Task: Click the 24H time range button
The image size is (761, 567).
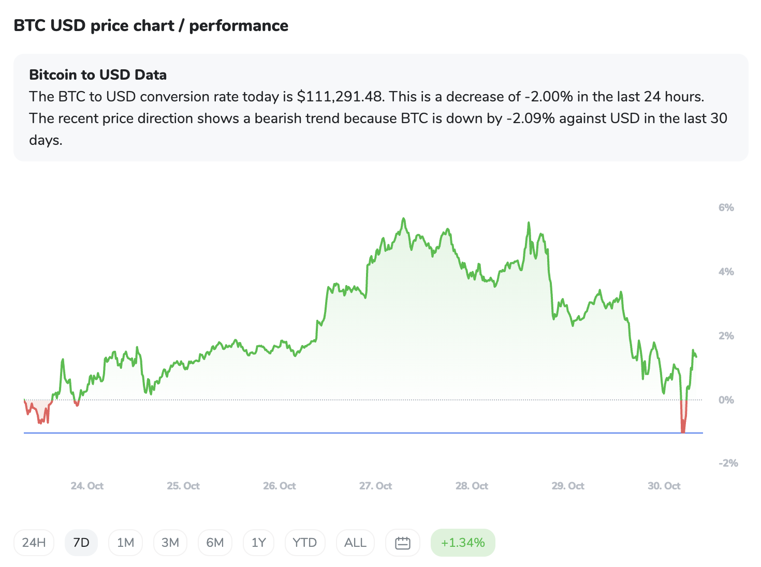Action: coord(34,543)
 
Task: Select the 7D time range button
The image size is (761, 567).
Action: coord(81,543)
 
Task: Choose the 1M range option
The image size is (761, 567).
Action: coord(125,543)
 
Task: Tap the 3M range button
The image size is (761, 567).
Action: coord(170,543)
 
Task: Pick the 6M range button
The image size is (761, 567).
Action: coord(215,543)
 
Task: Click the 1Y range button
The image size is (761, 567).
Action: coord(258,543)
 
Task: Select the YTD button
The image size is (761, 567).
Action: coord(304,543)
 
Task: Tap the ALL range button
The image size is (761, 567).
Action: coord(355,543)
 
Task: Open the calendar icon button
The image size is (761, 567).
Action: coord(402,543)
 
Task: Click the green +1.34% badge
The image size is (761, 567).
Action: coord(463,543)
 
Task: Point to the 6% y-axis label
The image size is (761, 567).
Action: coord(726,207)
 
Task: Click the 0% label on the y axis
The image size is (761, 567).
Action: coord(726,400)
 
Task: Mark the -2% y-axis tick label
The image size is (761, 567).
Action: coord(728,463)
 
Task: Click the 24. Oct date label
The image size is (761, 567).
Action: coord(87,486)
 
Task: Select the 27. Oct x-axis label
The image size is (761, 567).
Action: coord(375,486)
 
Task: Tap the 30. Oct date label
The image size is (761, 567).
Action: coord(664,486)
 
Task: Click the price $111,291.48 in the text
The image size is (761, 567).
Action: coord(340,97)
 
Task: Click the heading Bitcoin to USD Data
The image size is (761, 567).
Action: coord(98,75)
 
